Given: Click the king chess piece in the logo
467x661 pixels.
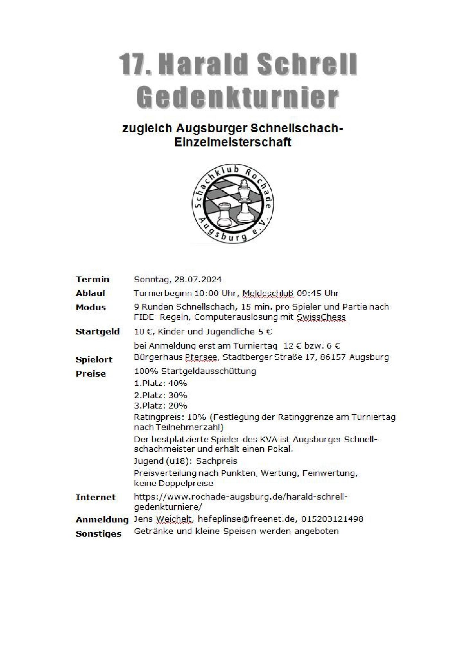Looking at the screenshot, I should (244, 201).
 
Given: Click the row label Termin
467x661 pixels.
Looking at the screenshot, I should (92, 280).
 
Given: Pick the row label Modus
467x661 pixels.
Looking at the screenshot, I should (91, 308).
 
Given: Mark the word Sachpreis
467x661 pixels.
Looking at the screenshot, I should (217, 461).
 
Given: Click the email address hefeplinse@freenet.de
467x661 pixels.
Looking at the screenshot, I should (247, 519).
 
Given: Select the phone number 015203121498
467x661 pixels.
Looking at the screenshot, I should (332, 519).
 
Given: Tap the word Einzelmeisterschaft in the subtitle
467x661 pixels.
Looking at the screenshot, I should (233, 142).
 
